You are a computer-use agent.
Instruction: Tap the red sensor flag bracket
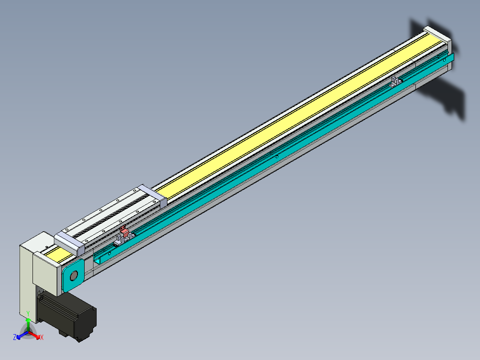(125, 232)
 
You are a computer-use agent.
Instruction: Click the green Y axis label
(28, 314)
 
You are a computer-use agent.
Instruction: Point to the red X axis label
(42, 338)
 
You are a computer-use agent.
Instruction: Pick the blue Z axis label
(15, 337)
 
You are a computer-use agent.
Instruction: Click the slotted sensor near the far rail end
(395, 81)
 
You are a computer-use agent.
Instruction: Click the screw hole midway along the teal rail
(277, 156)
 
